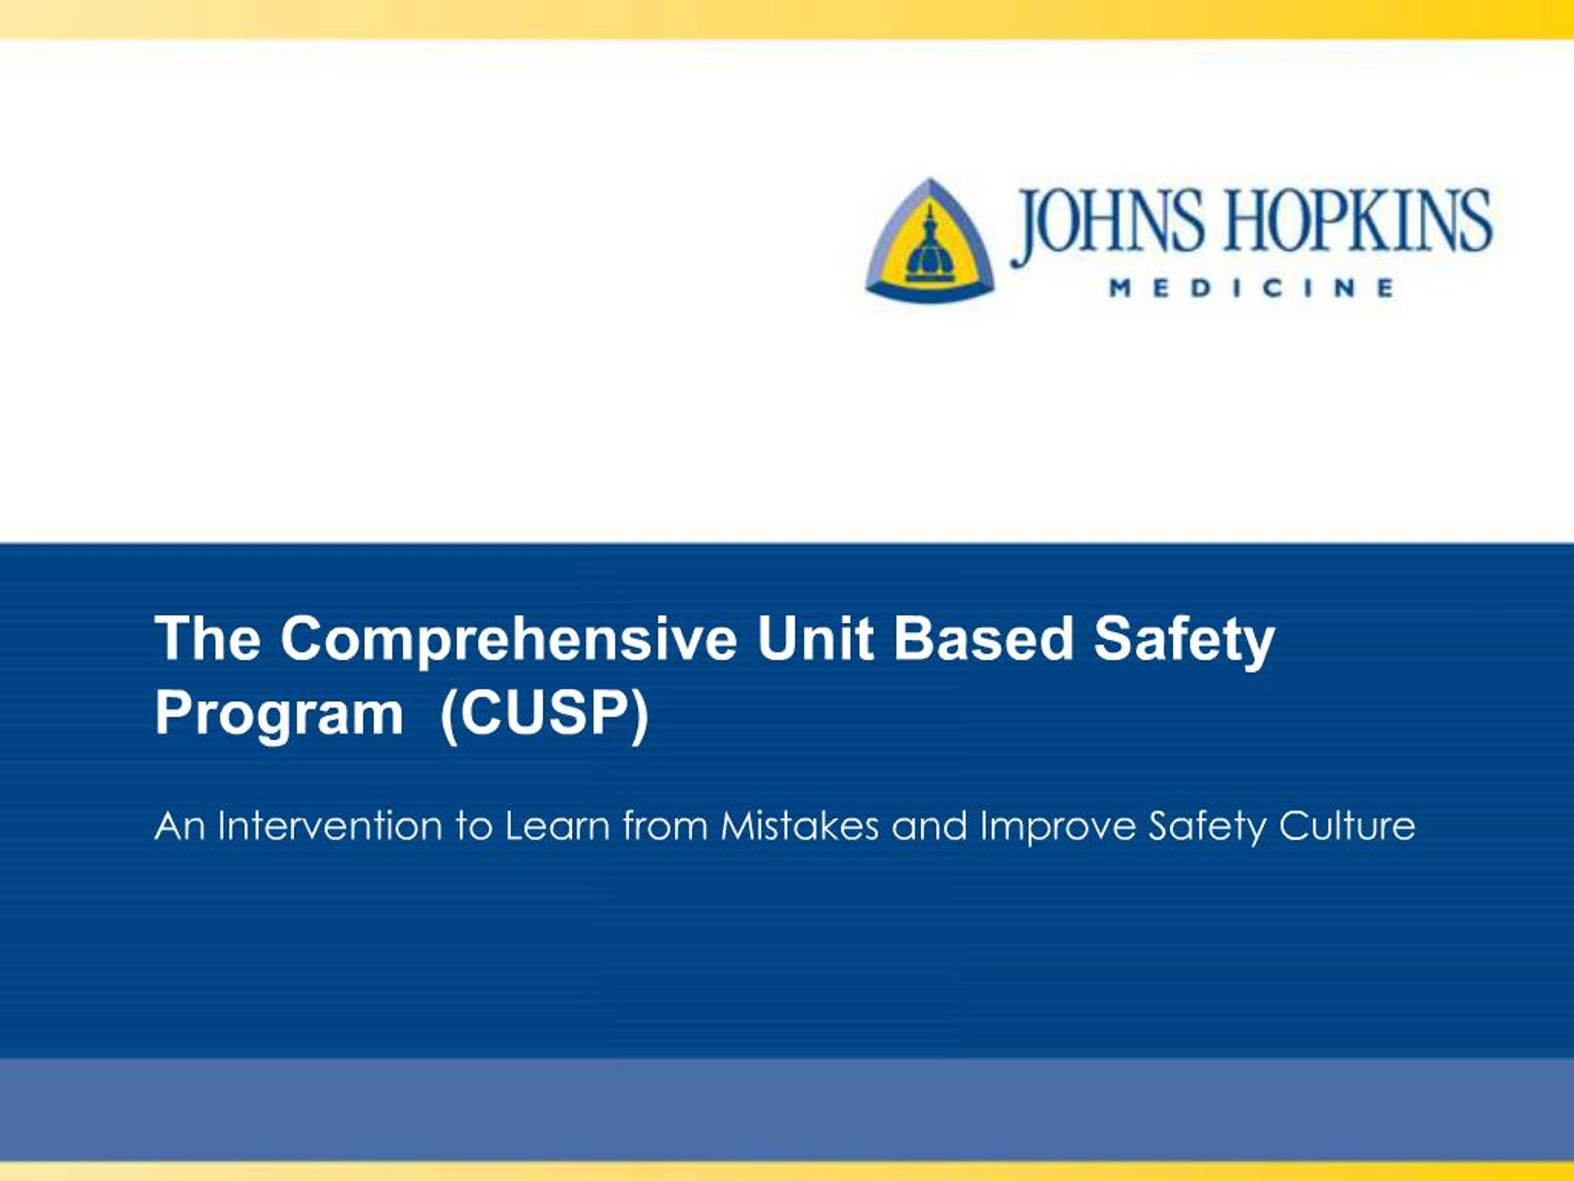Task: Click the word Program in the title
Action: [x=279, y=716]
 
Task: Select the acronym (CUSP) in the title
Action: [x=544, y=715]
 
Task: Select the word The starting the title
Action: [x=208, y=638]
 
